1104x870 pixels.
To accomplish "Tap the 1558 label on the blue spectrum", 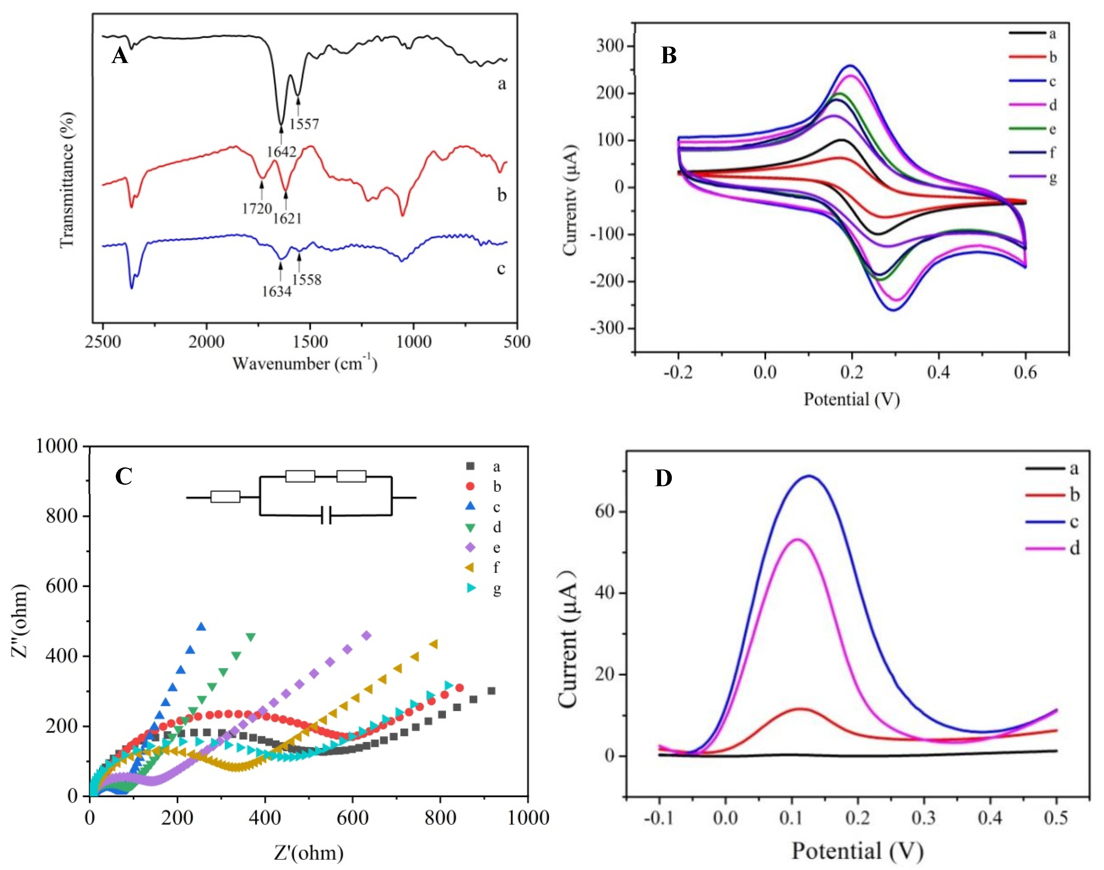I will click(x=307, y=279).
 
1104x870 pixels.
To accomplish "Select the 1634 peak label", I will click(x=277, y=291).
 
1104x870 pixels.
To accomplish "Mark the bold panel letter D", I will click(x=663, y=478).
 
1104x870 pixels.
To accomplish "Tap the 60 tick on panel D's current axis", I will click(x=604, y=511).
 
